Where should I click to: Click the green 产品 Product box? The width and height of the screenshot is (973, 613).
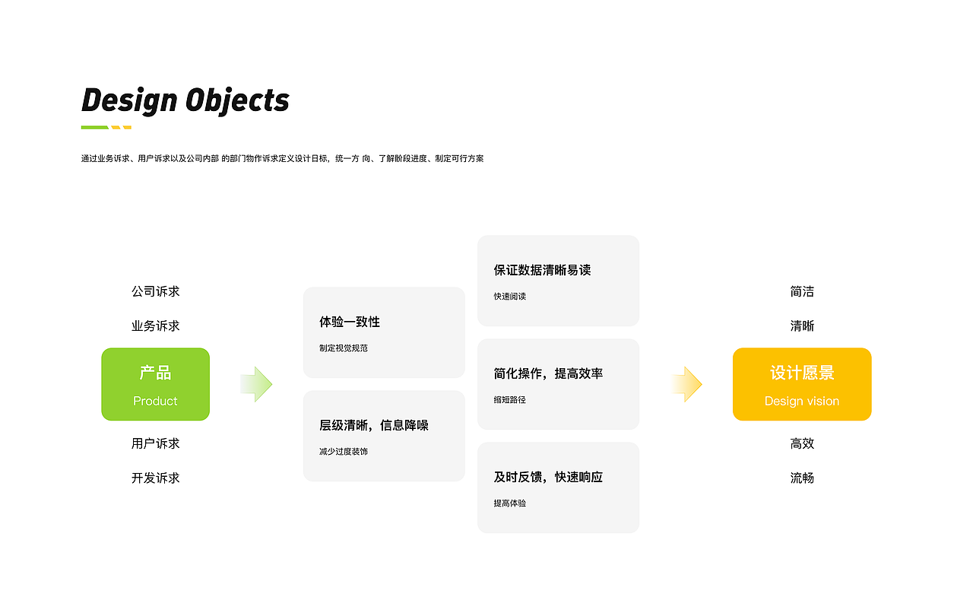tap(156, 384)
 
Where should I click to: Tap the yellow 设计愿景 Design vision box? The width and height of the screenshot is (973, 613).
tap(802, 384)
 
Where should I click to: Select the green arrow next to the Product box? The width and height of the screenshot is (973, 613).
tap(256, 384)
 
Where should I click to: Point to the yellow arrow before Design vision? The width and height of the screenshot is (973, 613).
tap(686, 384)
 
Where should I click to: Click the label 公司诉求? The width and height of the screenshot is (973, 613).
tap(156, 291)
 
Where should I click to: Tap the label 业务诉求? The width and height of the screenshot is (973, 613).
tap(156, 326)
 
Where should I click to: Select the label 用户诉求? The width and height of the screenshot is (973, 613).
tap(156, 443)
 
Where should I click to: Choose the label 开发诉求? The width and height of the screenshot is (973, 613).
tap(156, 478)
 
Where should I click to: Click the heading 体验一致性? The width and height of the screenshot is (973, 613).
tap(350, 322)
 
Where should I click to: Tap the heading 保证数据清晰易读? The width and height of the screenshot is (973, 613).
tap(542, 270)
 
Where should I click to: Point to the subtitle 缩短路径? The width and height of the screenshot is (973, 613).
tap(509, 399)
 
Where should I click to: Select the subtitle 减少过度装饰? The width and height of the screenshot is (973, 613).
tap(344, 451)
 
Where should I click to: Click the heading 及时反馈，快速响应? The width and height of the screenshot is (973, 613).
tap(548, 477)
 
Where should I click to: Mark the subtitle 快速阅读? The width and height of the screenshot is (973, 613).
tap(509, 296)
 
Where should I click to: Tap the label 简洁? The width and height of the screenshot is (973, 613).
tap(802, 291)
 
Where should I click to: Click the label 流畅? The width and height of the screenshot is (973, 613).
tap(802, 478)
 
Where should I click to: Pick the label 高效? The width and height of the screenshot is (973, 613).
tap(802, 443)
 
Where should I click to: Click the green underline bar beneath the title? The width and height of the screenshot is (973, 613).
tap(95, 127)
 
